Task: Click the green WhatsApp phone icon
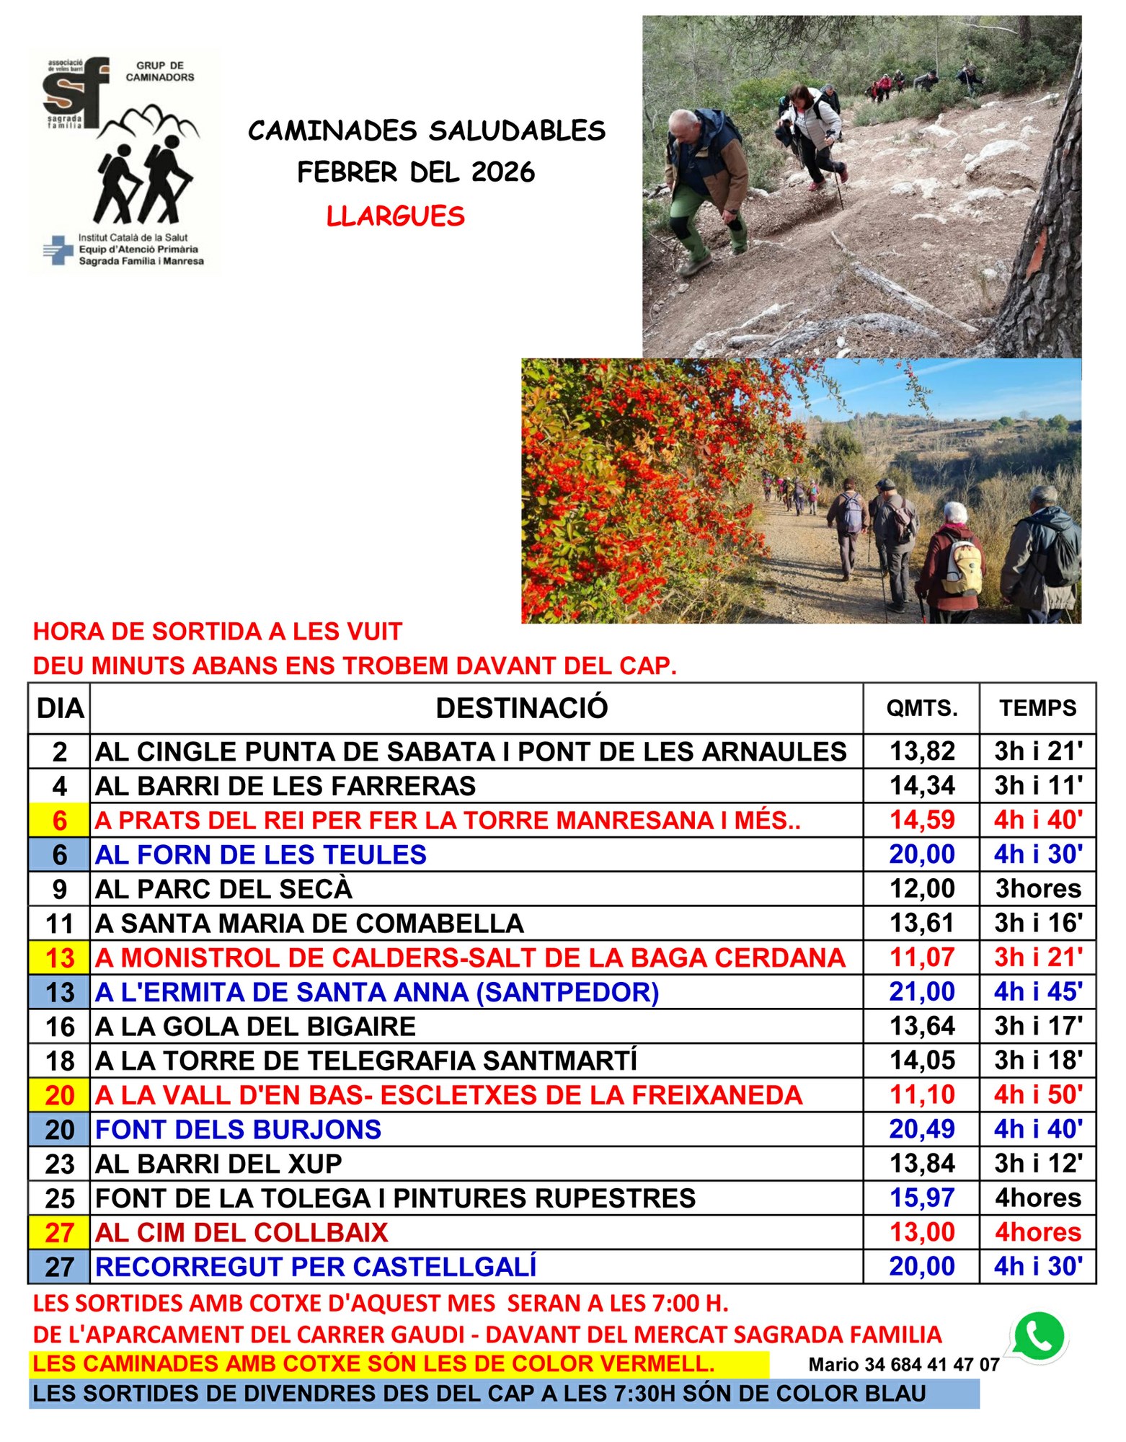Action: tap(1039, 1337)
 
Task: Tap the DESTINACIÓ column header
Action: tap(522, 708)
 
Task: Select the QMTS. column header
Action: tap(921, 708)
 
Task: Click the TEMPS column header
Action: tap(1037, 708)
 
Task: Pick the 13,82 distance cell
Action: tap(921, 751)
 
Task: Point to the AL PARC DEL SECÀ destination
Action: tap(223, 889)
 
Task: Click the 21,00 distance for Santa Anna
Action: tap(921, 992)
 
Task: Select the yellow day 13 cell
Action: tap(59, 958)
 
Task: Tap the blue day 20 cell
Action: tap(59, 1130)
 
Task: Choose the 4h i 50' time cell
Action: tap(1037, 1095)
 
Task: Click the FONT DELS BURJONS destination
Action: tap(238, 1130)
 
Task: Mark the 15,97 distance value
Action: tap(921, 1198)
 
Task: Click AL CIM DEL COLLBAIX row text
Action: tap(241, 1233)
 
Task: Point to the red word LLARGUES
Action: tap(395, 216)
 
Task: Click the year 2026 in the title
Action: tap(503, 172)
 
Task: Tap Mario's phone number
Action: tap(903, 1365)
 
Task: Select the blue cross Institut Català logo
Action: tap(58, 249)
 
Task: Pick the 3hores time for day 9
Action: tap(1037, 889)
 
